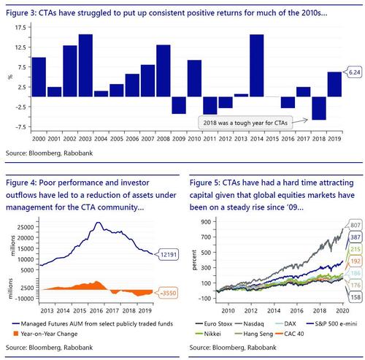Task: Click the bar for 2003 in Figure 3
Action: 85,66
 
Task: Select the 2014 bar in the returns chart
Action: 257,66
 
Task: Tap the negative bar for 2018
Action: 319,108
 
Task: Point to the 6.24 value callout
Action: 353,72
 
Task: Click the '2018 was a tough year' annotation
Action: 245,123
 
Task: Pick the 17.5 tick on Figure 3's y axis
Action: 20,27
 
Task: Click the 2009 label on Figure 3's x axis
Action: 179,139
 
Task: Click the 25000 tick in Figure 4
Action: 26,227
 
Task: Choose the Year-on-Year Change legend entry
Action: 45,334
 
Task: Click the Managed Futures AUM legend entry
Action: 93,323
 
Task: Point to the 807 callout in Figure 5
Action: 355,225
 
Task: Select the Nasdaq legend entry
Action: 250,323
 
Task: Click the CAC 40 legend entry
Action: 290,334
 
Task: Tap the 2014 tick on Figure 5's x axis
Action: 274,310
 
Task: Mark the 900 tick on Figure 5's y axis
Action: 206,222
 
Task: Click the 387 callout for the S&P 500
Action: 355,237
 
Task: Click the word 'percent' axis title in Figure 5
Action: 194,260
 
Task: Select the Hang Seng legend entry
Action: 254,334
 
